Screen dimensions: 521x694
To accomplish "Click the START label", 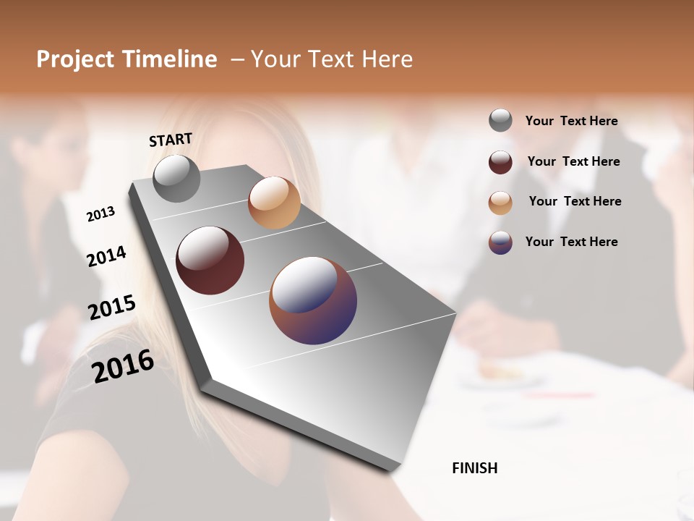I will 171,140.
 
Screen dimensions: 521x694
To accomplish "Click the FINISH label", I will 475,468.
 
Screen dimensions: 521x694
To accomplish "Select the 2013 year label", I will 101,214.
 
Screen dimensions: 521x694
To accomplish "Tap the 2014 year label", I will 107,256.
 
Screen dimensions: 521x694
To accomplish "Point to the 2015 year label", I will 112,308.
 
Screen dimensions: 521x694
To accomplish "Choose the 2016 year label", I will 123,365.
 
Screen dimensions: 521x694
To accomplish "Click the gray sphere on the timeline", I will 177,179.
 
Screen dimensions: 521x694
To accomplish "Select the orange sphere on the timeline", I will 274,203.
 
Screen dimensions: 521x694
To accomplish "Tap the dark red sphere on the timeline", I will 210,260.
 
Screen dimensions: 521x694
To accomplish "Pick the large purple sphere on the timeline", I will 313,300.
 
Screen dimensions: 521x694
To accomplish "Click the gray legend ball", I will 500,121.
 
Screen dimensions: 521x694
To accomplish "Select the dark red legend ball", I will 500,162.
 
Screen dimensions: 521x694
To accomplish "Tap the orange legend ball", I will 500,203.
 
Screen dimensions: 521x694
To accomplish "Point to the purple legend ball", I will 500,242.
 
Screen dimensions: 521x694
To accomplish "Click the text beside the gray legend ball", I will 571,121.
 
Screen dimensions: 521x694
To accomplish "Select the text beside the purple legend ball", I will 571,242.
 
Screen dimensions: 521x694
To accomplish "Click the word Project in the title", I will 76,59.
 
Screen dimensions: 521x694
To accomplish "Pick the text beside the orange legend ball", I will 575,201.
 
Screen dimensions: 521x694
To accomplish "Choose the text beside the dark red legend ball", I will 573,161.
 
